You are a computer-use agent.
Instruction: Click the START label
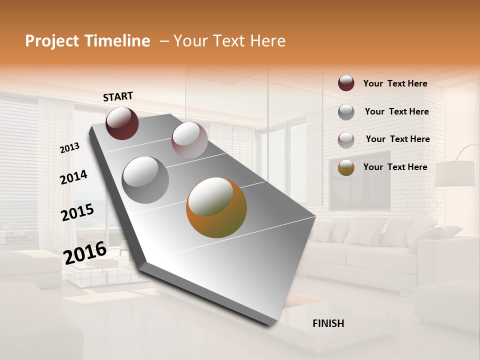click(118, 96)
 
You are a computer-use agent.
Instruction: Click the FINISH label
click(328, 323)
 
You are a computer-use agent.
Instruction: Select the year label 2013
click(70, 148)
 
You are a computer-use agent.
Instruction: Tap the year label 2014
click(73, 177)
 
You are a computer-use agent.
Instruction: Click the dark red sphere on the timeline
click(122, 123)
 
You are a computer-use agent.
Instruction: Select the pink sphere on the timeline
click(189, 140)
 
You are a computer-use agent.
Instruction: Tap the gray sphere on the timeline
click(145, 179)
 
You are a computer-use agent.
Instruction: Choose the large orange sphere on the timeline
click(216, 207)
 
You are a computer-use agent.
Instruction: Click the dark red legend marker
click(346, 83)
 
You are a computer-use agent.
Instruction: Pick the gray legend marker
click(346, 112)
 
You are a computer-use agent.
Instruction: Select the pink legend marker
click(346, 139)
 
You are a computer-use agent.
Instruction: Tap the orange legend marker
click(346, 167)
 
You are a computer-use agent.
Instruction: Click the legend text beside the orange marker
click(395, 167)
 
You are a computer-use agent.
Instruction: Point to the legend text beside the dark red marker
click(395, 83)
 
